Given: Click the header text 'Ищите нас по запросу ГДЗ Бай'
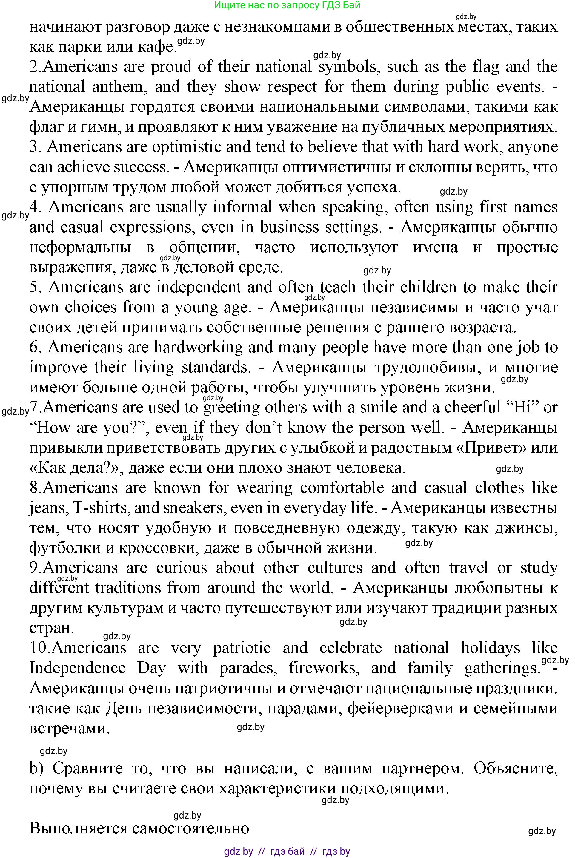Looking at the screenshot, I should [x=287, y=5].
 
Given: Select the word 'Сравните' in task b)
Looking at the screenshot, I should [x=88, y=768].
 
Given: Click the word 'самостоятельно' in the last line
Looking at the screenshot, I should [x=190, y=829].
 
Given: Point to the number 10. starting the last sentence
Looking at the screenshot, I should [x=40, y=648].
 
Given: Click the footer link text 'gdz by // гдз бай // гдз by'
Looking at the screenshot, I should [x=287, y=851].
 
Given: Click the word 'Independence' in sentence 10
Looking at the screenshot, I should [x=77, y=668].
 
